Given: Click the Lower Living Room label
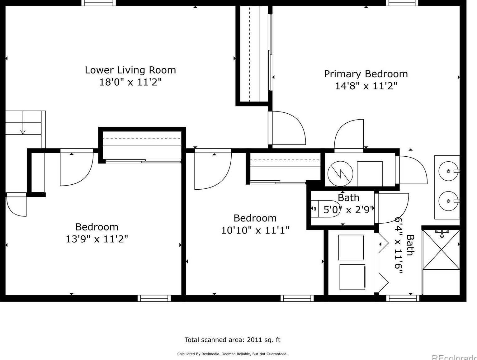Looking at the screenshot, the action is [130, 70].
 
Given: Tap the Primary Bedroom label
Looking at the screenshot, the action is [366, 74].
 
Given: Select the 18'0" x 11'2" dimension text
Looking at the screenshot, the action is [130, 82].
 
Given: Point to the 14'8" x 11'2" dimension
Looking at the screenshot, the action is [366, 86].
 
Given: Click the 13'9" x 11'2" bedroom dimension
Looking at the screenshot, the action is [97, 239].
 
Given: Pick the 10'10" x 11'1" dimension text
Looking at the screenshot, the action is [255, 230].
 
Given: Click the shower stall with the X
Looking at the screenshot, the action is [441, 250].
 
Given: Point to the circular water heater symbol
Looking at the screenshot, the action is [340, 173].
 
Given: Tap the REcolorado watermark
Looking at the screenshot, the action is [454, 358].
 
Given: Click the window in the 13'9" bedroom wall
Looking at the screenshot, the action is [154, 298].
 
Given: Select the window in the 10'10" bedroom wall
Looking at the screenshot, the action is [297, 298].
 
